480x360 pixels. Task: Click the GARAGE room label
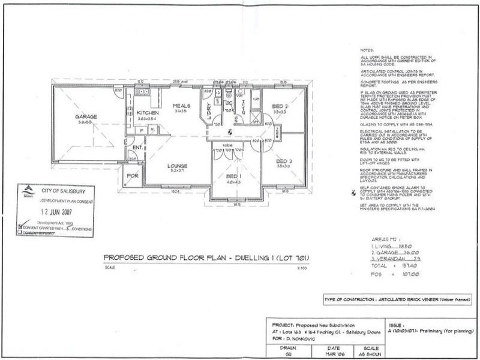pos(86,116)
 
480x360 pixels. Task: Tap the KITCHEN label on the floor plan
pos(147,113)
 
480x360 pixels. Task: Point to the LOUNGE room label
pos(178,165)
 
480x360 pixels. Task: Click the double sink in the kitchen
pos(142,92)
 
